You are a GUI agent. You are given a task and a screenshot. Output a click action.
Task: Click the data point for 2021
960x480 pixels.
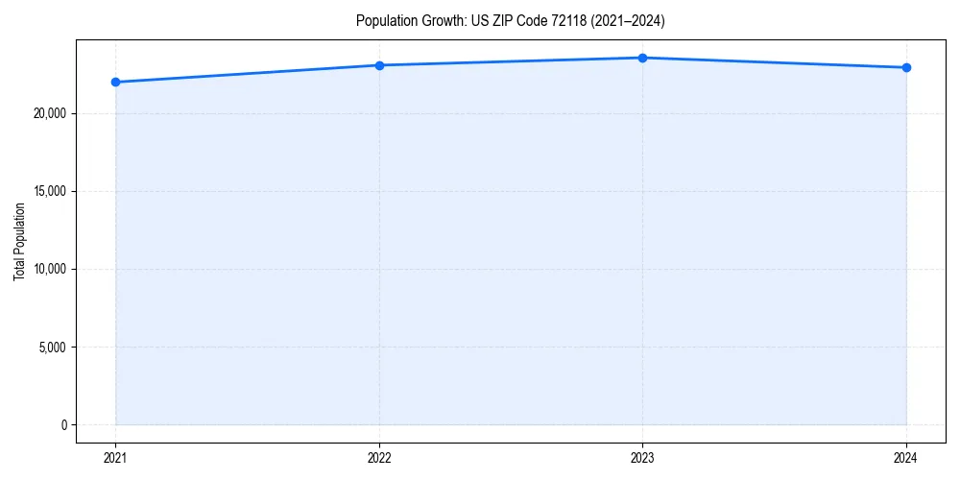click(115, 82)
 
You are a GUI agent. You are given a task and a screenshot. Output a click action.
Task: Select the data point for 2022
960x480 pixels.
click(379, 65)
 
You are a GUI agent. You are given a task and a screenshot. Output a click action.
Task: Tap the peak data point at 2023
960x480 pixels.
click(642, 58)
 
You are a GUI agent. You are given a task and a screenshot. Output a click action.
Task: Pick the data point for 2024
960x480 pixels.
click(906, 67)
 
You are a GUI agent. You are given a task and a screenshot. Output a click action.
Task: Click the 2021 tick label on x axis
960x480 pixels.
click(115, 458)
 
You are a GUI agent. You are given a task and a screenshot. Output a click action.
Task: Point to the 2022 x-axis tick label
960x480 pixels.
click(379, 458)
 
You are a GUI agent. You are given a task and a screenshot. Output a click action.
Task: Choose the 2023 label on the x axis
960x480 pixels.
click(642, 458)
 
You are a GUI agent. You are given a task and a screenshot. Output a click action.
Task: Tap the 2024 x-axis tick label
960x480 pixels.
click(906, 458)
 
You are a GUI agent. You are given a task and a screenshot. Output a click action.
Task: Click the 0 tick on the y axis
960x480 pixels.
click(63, 424)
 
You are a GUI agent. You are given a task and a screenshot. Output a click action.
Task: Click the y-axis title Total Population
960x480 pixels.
click(19, 241)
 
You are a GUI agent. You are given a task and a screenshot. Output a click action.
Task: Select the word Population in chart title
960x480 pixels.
click(384, 20)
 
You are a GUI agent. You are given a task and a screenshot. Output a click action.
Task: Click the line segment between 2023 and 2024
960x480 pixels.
click(774, 62)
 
